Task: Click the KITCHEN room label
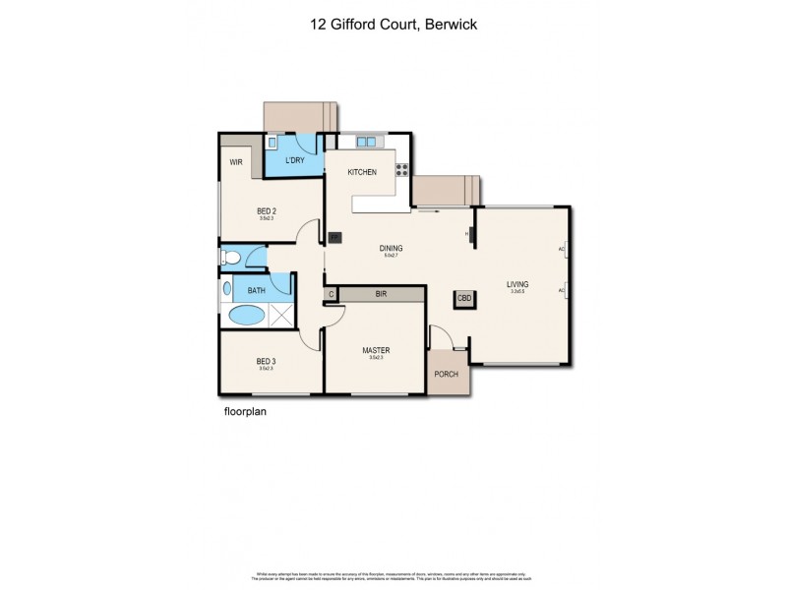pos(362,172)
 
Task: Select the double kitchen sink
pos(366,143)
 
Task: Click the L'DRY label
pos(294,160)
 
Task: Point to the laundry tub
pos(272,143)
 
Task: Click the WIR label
pos(236,162)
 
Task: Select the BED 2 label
pos(266,210)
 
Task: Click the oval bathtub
pos(246,315)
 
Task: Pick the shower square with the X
pos(281,315)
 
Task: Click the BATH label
pos(256,290)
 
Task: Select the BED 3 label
pos(266,360)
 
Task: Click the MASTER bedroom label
pos(375,350)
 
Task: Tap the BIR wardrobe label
pos(380,293)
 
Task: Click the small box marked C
pos(332,293)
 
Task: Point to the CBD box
pos(462,300)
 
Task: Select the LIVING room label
pos(517,283)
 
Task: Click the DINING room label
pos(392,248)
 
